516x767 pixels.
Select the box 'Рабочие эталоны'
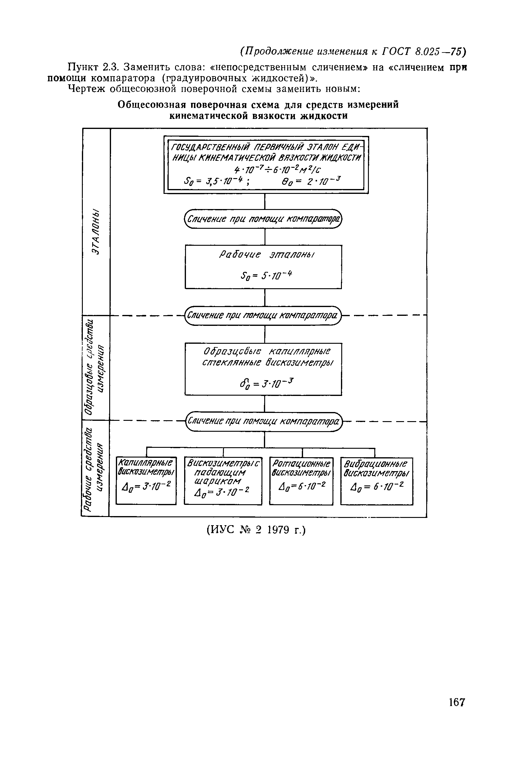click(263, 266)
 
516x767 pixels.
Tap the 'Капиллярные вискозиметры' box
click(146, 481)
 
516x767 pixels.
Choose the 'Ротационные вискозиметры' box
click(301, 481)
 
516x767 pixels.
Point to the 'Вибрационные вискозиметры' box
click(376, 481)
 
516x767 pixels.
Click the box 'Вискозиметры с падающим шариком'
click(223, 481)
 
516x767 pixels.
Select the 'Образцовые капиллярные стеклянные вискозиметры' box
click(263, 369)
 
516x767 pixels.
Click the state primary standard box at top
click(266, 165)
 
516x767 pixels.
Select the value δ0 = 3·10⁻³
click(265, 383)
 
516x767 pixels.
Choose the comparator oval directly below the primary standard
click(263, 219)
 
